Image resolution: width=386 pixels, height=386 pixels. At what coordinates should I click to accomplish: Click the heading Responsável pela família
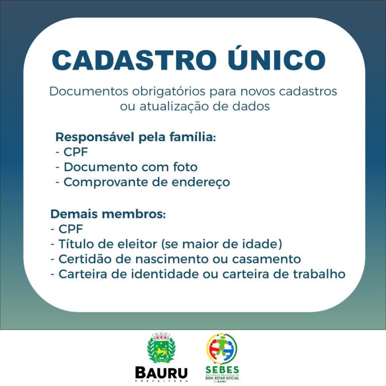tap(135, 137)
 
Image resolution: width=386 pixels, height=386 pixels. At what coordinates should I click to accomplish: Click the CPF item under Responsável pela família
tap(75, 152)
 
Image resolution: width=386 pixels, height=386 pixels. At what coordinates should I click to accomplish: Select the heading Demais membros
tap(108, 214)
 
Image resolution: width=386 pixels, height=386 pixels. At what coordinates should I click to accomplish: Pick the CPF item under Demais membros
tap(70, 229)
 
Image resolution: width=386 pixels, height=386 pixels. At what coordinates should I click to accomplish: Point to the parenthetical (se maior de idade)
tap(222, 244)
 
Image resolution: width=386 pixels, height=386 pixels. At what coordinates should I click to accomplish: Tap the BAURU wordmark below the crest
tap(161, 373)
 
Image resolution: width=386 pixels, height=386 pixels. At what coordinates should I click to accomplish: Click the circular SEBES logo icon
tap(222, 348)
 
